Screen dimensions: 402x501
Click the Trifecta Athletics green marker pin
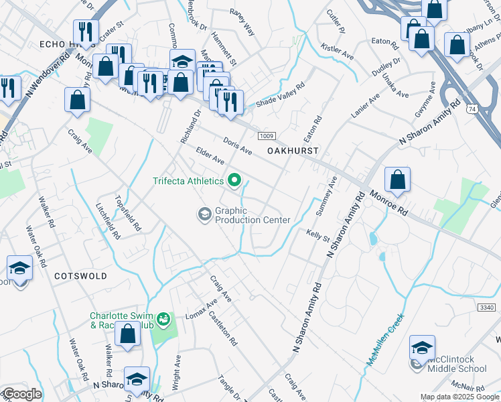[x=234, y=180]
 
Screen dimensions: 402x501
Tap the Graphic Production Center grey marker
[x=204, y=214]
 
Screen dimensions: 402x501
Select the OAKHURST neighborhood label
[x=293, y=151]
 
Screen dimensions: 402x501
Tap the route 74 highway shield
[x=472, y=108]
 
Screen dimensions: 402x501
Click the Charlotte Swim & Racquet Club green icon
[x=163, y=320]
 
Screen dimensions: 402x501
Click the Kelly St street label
[x=318, y=237]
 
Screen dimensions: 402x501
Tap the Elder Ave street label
[x=210, y=157]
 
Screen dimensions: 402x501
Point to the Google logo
[x=22, y=394]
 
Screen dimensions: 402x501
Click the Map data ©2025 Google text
[x=459, y=397]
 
